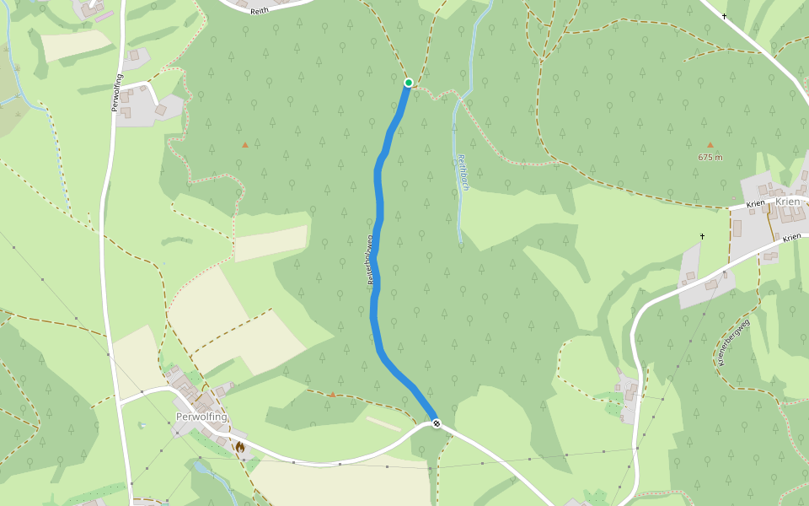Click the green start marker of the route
coord(409,83)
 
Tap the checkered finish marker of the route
coord(437,423)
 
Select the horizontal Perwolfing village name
coord(202,417)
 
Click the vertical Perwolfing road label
coord(116,93)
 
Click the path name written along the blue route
coord(369,261)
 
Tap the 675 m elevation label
coord(710,158)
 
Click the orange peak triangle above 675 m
coord(710,144)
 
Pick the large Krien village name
coord(787,202)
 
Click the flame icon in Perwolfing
coord(239,447)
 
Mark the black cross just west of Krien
coord(702,236)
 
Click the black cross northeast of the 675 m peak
coord(724,16)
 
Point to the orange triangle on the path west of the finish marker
coord(332,394)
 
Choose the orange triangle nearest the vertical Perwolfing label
coord(245,144)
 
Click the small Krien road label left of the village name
coord(755,204)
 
